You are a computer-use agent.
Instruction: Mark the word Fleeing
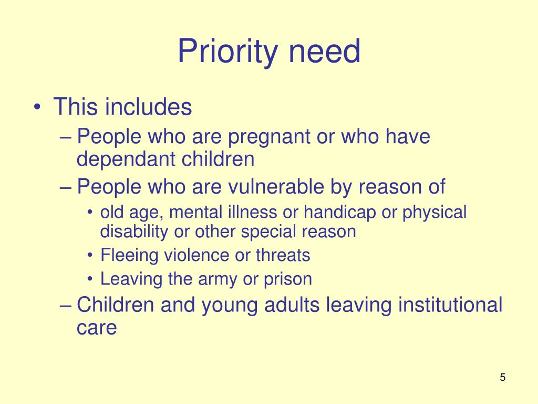pyautogui.click(x=129, y=256)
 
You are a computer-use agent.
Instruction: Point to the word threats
pyautogui.click(x=283, y=255)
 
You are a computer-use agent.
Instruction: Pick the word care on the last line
pyautogui.click(x=96, y=328)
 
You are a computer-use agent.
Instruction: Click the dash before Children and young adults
pyautogui.click(x=65, y=306)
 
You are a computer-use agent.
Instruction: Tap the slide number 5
pyautogui.click(x=503, y=377)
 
